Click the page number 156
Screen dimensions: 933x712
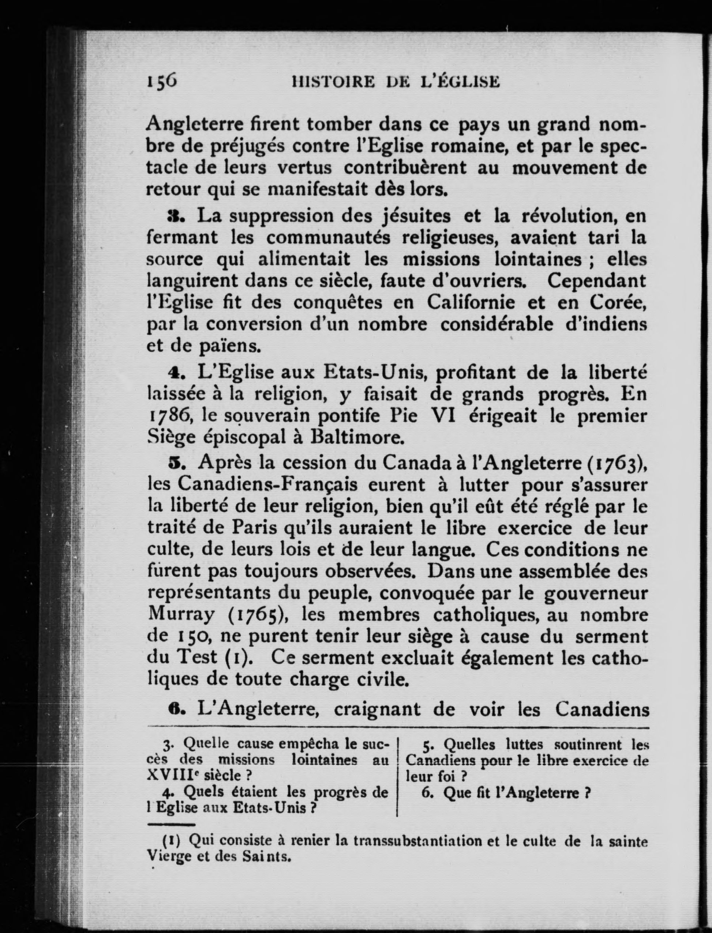click(x=162, y=81)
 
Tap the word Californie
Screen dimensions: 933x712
click(x=471, y=303)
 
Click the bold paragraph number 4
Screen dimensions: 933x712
click(x=172, y=373)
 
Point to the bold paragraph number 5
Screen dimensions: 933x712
click(x=172, y=462)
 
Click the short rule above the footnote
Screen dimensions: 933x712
click(x=171, y=825)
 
